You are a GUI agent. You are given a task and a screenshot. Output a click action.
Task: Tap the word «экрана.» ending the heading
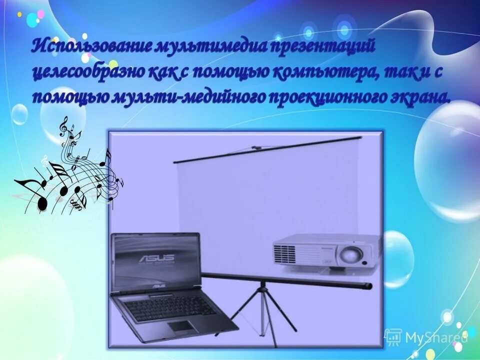pyautogui.click(x=418, y=96)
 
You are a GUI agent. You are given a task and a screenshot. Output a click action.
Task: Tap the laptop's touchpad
pyautogui.click(x=182, y=326)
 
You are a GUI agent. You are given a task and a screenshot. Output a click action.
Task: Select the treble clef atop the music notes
pyautogui.click(x=64, y=125)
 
